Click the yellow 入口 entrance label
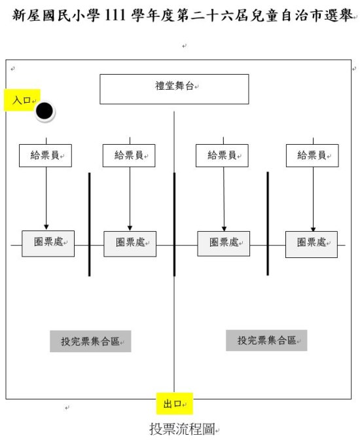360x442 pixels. tap(22, 100)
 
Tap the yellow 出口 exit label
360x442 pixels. tap(175, 403)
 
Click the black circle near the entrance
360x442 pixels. tap(45, 111)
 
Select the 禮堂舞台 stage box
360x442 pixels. tap(174, 89)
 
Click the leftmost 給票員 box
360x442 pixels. tap(45, 156)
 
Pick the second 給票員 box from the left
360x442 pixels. tap(129, 156)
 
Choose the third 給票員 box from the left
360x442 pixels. tap(223, 156)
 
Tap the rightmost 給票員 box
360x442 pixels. tap(312, 156)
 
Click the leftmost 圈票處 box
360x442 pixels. tap(48, 244)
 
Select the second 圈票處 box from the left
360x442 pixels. tap(130, 244)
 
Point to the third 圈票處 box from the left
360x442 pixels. tap(224, 244)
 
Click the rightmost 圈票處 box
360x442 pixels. tap(312, 245)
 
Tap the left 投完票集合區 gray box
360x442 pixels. tap(90, 341)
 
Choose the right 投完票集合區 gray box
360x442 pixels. tap(266, 341)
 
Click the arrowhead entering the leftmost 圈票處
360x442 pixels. tap(46, 227)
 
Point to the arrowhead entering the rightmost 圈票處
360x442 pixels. tap(314, 229)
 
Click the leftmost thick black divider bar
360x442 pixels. tap(90, 225)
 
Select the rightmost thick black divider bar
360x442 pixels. tap(268, 223)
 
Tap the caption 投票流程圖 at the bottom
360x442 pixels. tap(182, 429)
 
